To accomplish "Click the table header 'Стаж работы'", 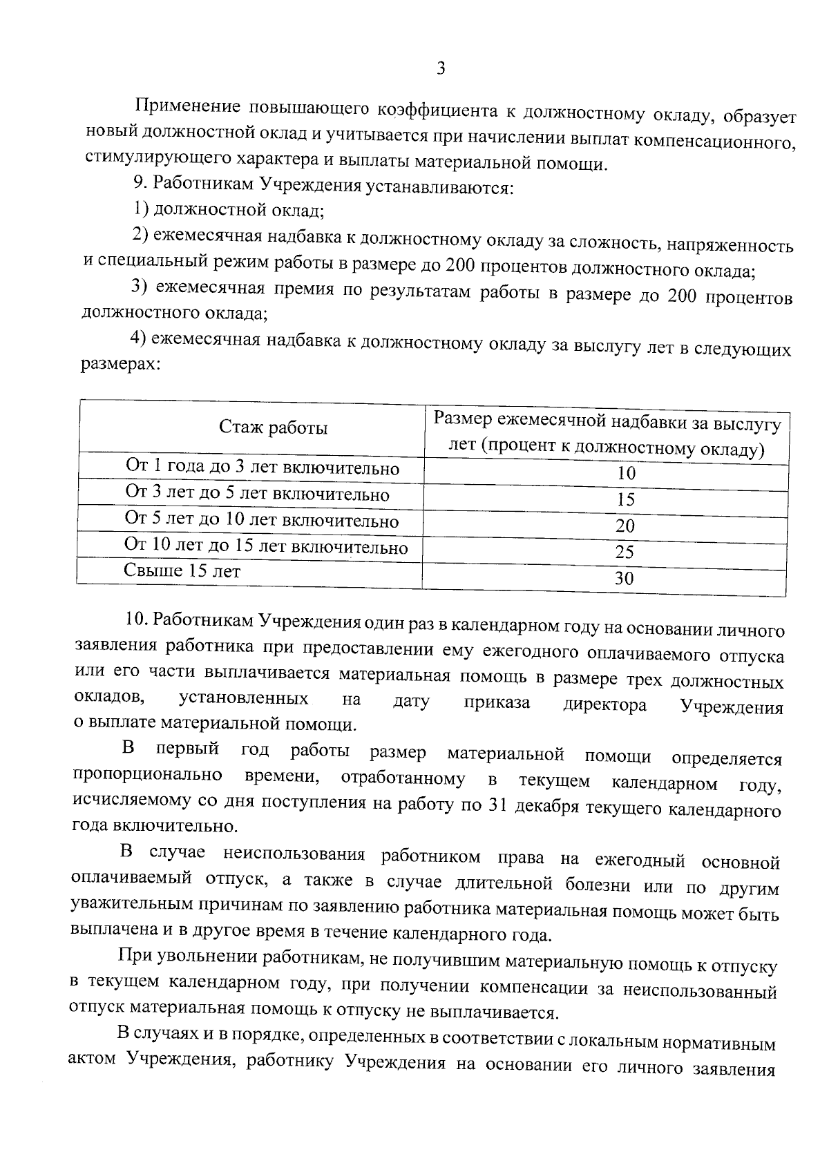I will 274,428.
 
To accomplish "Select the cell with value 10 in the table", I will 626,474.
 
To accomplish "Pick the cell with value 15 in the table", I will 625,500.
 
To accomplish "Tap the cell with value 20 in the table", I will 625,526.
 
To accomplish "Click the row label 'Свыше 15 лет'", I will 182,571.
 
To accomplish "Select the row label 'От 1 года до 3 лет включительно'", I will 263,468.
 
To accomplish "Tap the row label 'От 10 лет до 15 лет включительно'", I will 266,546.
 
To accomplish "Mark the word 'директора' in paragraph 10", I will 605,705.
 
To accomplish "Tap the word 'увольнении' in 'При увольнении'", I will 199,957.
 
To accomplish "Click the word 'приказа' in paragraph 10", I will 497,703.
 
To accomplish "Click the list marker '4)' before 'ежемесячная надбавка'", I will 139,338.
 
